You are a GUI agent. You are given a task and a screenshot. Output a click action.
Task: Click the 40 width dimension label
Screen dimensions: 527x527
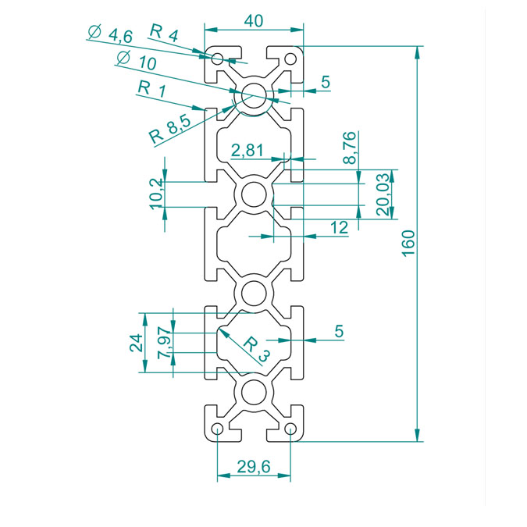tap(254, 21)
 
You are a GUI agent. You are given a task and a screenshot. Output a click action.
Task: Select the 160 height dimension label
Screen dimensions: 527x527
tap(408, 244)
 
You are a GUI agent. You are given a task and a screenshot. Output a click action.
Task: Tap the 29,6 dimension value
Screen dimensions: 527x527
tap(254, 467)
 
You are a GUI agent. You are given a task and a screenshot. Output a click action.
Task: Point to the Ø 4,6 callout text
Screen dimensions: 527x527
tap(111, 34)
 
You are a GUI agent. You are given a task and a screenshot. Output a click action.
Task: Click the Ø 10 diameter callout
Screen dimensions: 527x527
tap(137, 60)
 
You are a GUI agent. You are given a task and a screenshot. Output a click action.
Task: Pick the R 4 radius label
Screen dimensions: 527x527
tap(164, 33)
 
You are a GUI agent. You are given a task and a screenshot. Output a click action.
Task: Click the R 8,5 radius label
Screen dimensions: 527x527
tap(170, 130)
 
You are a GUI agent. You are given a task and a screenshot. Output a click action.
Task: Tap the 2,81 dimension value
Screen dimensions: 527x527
tap(247, 150)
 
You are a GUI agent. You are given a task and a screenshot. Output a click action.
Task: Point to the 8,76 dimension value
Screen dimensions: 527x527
tap(350, 148)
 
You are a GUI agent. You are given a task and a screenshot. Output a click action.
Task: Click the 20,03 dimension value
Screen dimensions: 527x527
tap(383, 194)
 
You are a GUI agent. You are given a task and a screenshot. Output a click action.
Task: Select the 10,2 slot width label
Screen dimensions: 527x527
tap(156, 194)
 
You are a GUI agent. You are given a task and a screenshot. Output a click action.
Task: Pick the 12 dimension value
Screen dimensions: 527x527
tap(339, 227)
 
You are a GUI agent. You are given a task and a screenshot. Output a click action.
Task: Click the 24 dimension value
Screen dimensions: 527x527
tap(137, 343)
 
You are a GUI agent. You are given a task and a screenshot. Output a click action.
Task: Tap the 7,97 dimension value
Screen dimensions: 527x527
tap(165, 343)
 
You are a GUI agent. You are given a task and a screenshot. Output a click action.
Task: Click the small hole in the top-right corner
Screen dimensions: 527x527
tap(290, 59)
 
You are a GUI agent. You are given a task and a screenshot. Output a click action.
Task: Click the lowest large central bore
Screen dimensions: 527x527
tap(254, 393)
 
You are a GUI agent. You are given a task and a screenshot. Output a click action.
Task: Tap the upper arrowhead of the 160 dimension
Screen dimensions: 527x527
tap(417, 53)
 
